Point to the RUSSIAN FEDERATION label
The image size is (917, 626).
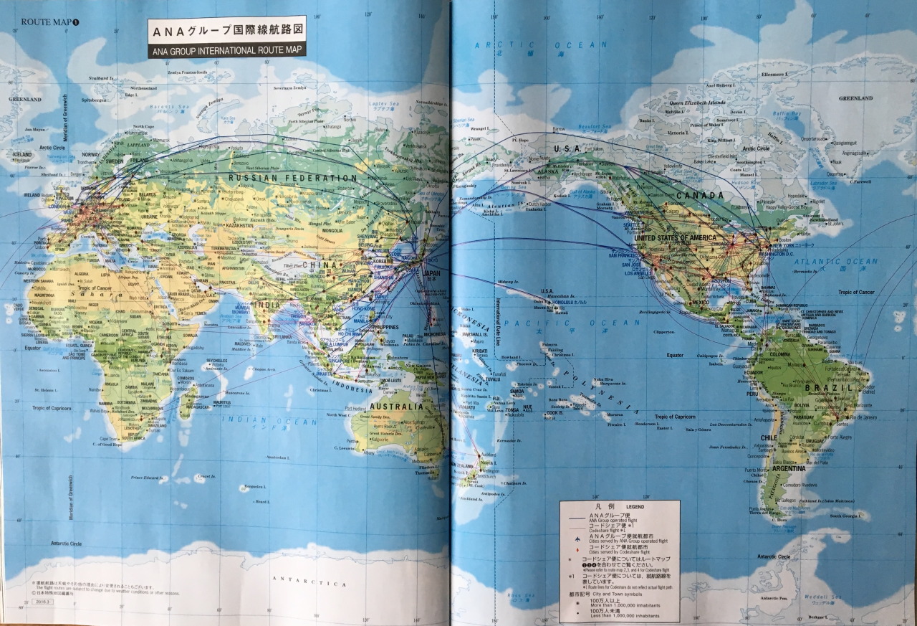(x=293, y=178)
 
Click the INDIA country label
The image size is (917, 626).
(x=267, y=304)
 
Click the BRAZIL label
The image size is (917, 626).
(x=828, y=387)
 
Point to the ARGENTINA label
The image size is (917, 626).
(x=784, y=468)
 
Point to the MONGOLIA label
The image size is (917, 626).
(x=332, y=230)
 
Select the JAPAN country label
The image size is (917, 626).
(x=432, y=273)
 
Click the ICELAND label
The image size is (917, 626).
(x=22, y=154)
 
